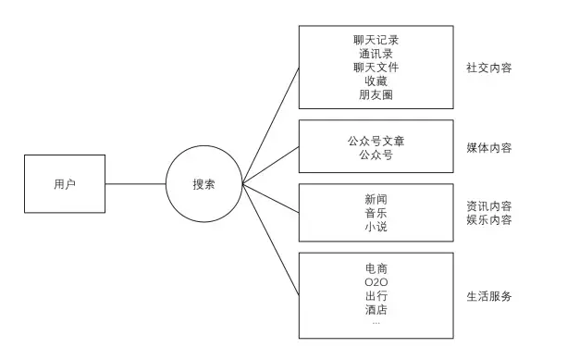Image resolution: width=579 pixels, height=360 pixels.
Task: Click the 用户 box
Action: click(x=65, y=183)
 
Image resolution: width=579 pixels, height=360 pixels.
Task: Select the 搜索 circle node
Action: click(x=204, y=183)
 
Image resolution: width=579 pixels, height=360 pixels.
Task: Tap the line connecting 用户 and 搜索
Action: click(x=134, y=183)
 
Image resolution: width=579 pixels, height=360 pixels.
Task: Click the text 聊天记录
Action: click(x=376, y=42)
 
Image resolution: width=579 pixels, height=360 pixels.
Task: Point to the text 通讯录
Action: click(x=376, y=55)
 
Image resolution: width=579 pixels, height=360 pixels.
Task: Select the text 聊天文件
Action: click(x=376, y=68)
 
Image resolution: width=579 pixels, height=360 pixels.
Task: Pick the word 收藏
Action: click(x=376, y=81)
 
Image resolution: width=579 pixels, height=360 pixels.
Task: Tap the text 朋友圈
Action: click(x=376, y=93)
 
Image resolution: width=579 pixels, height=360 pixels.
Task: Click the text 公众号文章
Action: click(x=376, y=142)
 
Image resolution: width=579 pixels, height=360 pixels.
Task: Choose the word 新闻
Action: click(x=376, y=199)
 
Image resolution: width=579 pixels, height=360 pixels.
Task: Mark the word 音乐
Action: click(x=376, y=212)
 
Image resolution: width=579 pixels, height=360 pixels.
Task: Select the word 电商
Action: click(x=376, y=268)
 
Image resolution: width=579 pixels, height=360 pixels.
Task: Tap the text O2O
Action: click(x=376, y=281)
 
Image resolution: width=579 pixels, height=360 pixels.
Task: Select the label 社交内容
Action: click(x=489, y=68)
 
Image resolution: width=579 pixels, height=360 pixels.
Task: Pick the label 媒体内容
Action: click(x=489, y=148)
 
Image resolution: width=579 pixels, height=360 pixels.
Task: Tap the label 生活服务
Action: click(x=489, y=296)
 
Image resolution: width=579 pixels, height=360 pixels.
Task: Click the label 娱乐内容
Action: click(x=489, y=219)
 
